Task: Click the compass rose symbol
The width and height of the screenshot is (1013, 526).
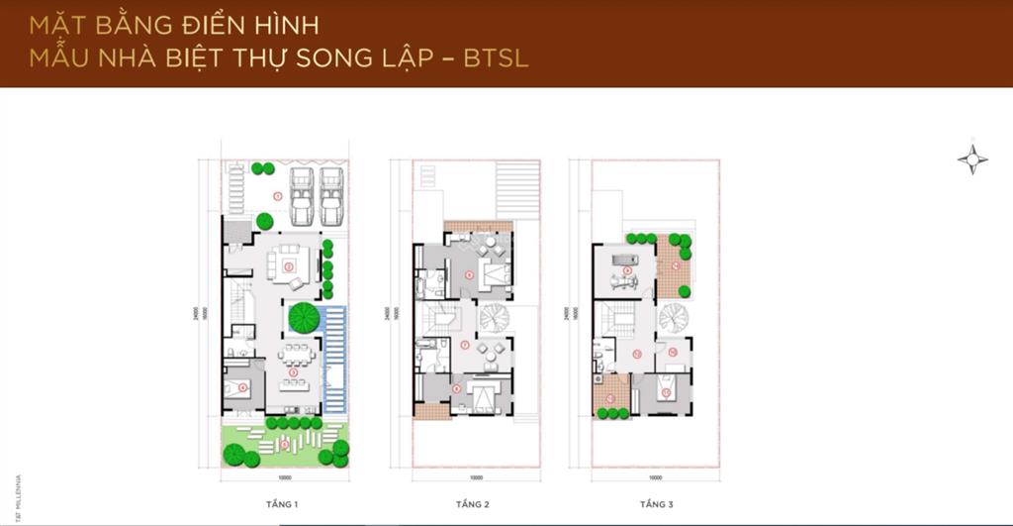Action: click(972, 159)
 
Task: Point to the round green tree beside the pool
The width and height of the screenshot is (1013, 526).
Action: click(303, 319)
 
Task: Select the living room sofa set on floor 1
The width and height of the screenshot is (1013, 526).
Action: click(290, 264)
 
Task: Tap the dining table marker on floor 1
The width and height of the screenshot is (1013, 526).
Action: click(294, 368)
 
